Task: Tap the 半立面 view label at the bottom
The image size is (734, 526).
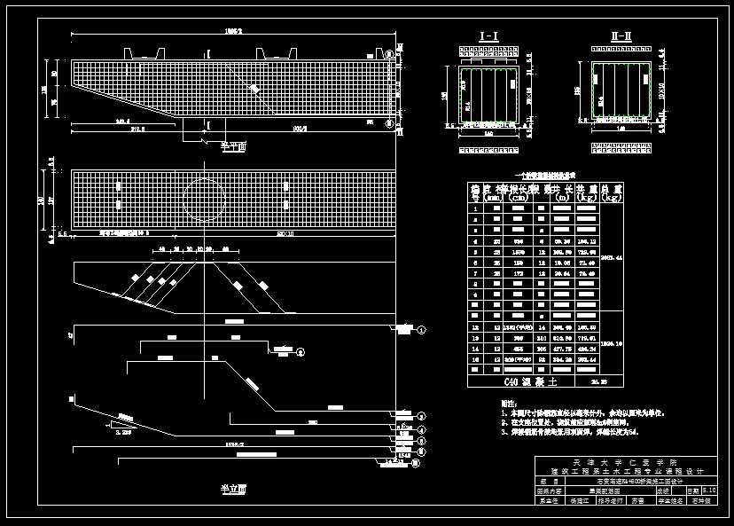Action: tap(232, 488)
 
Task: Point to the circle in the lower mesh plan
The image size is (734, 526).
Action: tap(205, 200)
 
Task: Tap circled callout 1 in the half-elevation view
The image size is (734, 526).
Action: tap(422, 330)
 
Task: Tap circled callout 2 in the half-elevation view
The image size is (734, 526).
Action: tap(422, 415)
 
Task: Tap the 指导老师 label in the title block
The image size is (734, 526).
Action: tap(608, 499)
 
